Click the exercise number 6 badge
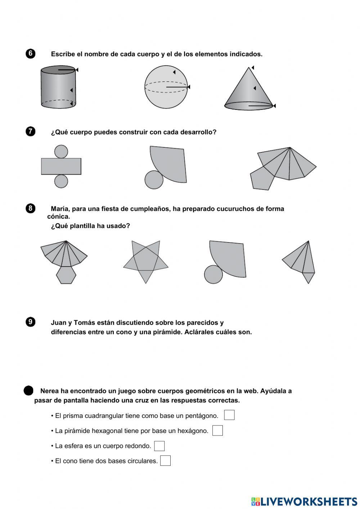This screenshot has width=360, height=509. (x=31, y=54)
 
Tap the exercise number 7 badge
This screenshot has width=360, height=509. (x=31, y=131)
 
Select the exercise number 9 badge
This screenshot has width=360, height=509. (x=31, y=322)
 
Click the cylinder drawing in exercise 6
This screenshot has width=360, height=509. (x=58, y=88)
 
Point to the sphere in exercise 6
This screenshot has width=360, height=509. (x=166, y=87)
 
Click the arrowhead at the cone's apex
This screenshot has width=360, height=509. (x=253, y=68)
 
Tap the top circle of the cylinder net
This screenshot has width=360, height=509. (x=61, y=152)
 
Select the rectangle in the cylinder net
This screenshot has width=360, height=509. (x=61, y=166)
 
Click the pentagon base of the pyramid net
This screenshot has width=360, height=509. (x=262, y=178)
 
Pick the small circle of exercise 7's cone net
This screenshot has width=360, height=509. (x=154, y=179)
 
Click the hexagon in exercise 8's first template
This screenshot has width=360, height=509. (x=66, y=275)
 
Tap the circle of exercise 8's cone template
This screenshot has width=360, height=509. (x=213, y=274)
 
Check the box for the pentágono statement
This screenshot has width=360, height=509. (x=229, y=415)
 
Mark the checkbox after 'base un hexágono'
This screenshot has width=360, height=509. (x=217, y=430)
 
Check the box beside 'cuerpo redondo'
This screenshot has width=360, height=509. (x=159, y=446)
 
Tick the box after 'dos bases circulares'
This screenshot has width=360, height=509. (x=165, y=461)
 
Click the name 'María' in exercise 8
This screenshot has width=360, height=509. (x=59, y=209)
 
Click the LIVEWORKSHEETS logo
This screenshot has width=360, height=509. (x=304, y=501)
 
